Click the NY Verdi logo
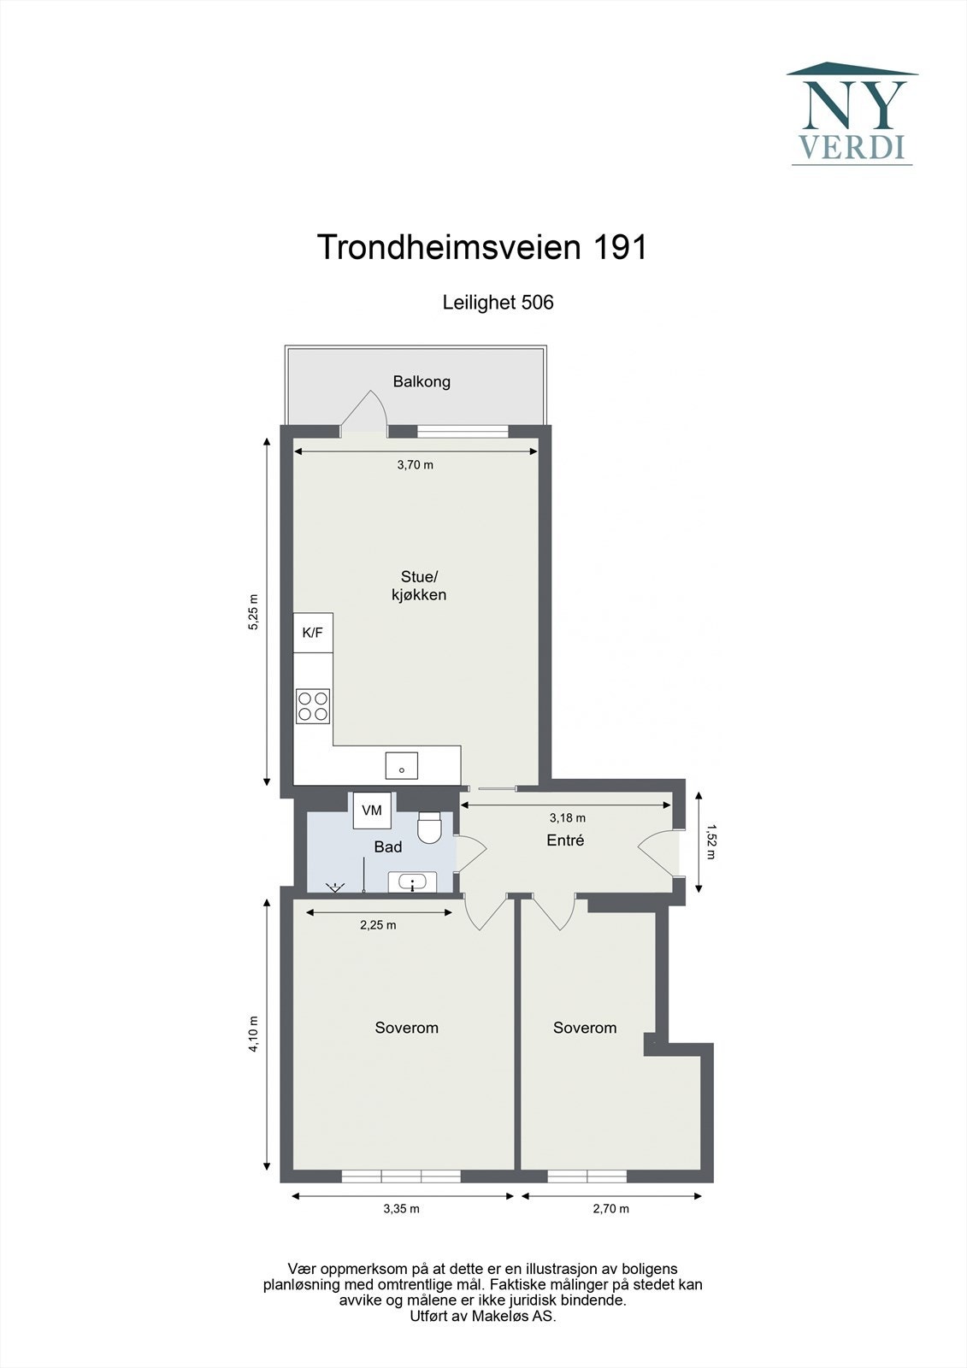tap(852, 114)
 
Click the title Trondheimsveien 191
tap(482, 247)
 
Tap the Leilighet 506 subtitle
tap(498, 302)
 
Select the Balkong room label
tap(422, 381)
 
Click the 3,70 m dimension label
tap(415, 465)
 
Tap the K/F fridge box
tap(313, 633)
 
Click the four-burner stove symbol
tap(313, 706)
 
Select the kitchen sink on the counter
tap(402, 765)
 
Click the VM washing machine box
tap(372, 810)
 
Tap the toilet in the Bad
tap(429, 827)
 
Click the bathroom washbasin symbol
tap(413, 882)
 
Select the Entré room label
tap(565, 840)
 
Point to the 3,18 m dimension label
tap(567, 818)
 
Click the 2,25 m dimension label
tap(377, 925)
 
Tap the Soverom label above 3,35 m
tap(406, 1028)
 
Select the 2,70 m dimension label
tap(610, 1209)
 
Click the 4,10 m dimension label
tap(253, 1033)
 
